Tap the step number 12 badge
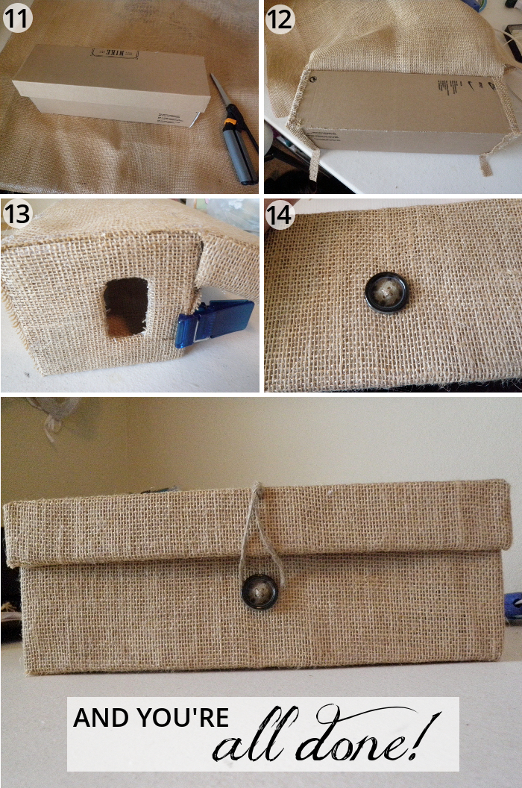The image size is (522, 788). coord(280,18)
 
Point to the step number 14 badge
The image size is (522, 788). coord(280,216)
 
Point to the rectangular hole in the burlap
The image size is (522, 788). coord(126,306)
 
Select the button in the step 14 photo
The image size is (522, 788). coord(386,293)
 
